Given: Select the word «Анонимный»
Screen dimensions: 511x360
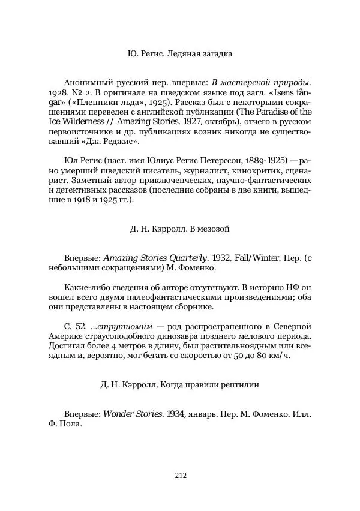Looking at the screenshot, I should point(88,82).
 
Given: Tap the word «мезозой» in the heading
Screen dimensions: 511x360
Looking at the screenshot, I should point(214,229).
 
